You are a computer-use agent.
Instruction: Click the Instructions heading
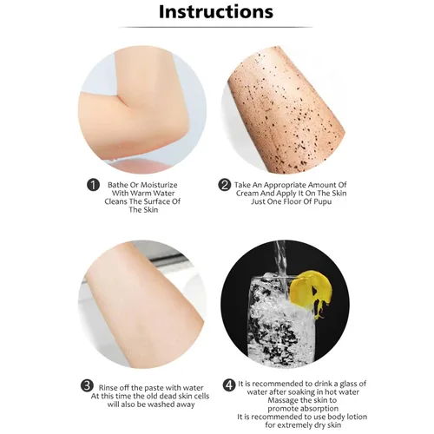[216, 11]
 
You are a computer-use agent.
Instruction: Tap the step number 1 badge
[93, 185]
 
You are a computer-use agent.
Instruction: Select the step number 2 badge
[224, 185]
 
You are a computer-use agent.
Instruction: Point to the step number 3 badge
[87, 386]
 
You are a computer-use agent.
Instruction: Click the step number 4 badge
[229, 385]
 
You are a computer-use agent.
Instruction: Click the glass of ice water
[279, 319]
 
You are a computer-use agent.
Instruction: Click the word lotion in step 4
[357, 417]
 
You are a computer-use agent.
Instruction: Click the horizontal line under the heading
[215, 27]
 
